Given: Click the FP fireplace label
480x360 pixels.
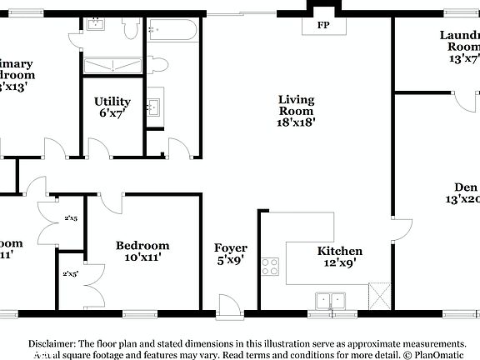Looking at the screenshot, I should (322, 25).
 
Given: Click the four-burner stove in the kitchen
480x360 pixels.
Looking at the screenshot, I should (271, 267).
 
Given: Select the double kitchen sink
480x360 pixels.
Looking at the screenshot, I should (331, 300).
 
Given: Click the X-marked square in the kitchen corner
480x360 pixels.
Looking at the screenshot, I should (379, 295).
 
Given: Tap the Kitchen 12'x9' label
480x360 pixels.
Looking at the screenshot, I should (339, 257).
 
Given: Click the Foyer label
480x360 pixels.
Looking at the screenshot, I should (231, 248).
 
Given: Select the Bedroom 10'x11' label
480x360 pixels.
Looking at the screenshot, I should (142, 251).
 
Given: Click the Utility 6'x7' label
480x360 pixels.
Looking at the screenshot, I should (111, 107).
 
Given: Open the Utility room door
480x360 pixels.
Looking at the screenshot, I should (98, 148).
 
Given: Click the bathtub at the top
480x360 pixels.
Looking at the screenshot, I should (172, 32).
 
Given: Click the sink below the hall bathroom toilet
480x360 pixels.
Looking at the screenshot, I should (154, 107).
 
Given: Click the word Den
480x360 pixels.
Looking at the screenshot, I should (465, 187).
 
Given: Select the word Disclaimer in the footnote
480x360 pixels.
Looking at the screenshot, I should (53, 343).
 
